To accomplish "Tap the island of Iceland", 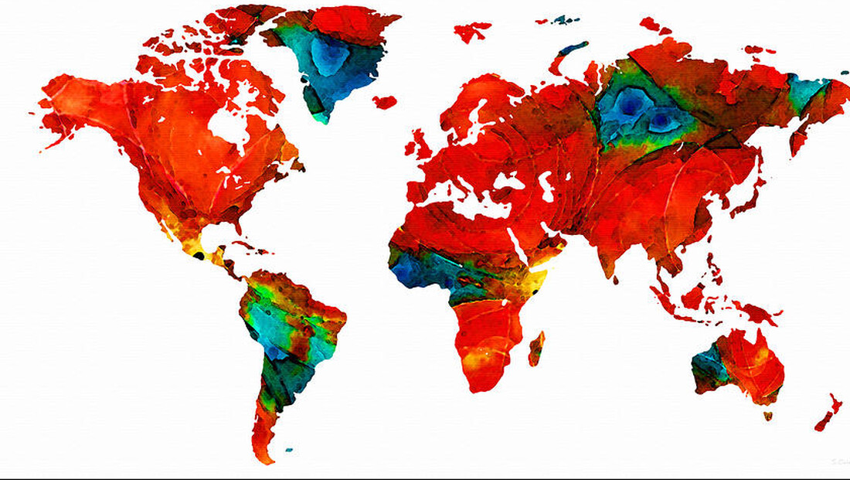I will tap(384, 101).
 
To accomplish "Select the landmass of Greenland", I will tap(340, 54).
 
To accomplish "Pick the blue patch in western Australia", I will tap(708, 366).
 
